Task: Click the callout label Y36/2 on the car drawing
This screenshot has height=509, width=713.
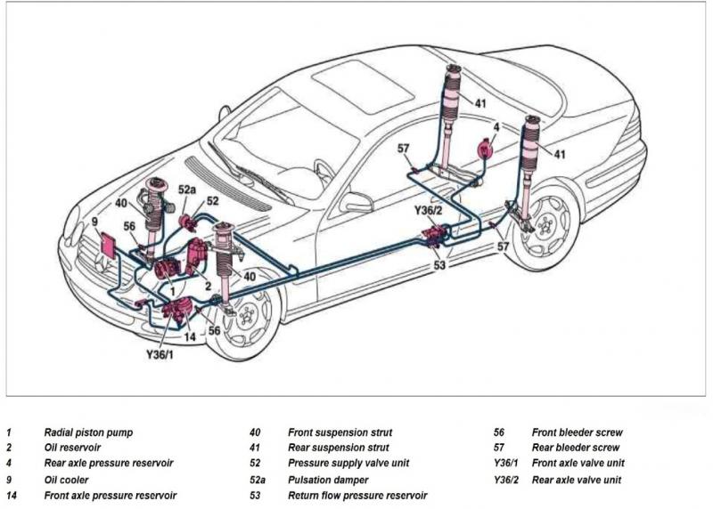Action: click(x=428, y=210)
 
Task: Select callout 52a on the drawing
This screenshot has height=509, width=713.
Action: click(x=186, y=189)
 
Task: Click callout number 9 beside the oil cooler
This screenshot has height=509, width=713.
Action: click(x=94, y=221)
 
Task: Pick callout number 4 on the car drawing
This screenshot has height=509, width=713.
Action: click(x=496, y=127)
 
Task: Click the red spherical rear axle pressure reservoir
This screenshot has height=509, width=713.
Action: click(x=487, y=149)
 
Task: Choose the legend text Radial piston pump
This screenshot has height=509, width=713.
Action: click(x=88, y=432)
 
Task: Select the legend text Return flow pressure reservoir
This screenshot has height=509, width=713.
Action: click(x=357, y=495)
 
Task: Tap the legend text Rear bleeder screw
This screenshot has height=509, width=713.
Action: click(x=576, y=448)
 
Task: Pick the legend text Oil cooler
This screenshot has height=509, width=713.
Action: click(x=65, y=480)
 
